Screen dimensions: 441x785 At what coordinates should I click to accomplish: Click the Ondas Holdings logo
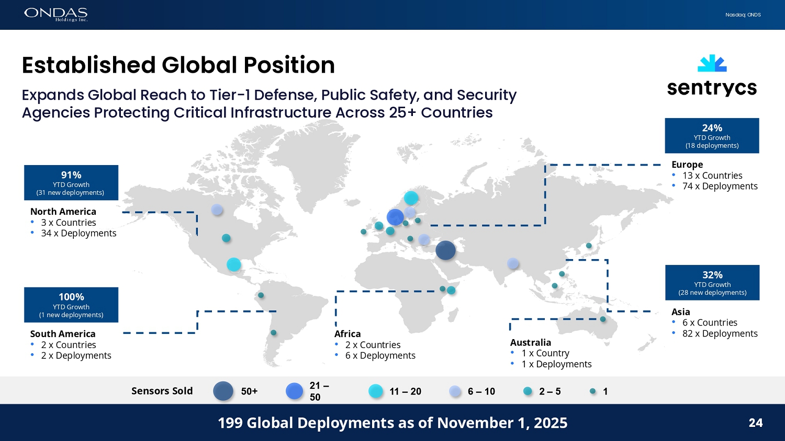coord(55,14)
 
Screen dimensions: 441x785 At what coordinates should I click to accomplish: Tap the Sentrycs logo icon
coord(712,63)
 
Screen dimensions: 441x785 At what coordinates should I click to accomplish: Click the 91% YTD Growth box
coord(71,182)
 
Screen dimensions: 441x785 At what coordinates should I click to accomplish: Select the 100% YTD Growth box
coord(71,305)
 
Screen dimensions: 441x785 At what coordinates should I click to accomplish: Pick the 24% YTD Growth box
coord(712,135)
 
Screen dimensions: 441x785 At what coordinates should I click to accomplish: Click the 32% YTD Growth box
coord(712,282)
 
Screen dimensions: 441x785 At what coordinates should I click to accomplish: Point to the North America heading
coord(63,212)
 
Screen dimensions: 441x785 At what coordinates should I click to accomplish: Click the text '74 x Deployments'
coord(720,187)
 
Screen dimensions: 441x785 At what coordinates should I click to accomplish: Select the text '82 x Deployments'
coord(720,333)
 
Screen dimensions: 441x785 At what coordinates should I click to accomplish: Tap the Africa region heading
coord(347,334)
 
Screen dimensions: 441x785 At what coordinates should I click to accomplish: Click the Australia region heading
coord(531,343)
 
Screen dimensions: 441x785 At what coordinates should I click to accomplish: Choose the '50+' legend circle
coord(223,391)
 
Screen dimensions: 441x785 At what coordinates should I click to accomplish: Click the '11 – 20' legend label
coord(405,391)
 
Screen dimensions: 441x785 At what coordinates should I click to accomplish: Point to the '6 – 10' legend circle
coord(455,391)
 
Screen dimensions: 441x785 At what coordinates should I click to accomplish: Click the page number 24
coord(755,423)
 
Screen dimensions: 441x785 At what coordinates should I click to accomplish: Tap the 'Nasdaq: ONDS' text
coord(743,15)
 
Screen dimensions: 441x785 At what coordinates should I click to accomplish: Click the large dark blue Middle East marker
coord(445,250)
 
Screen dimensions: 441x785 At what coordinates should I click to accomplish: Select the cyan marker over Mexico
coord(234,264)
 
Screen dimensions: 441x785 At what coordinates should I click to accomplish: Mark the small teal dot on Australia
coord(603,319)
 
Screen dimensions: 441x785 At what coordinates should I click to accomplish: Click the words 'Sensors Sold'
coord(162,391)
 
